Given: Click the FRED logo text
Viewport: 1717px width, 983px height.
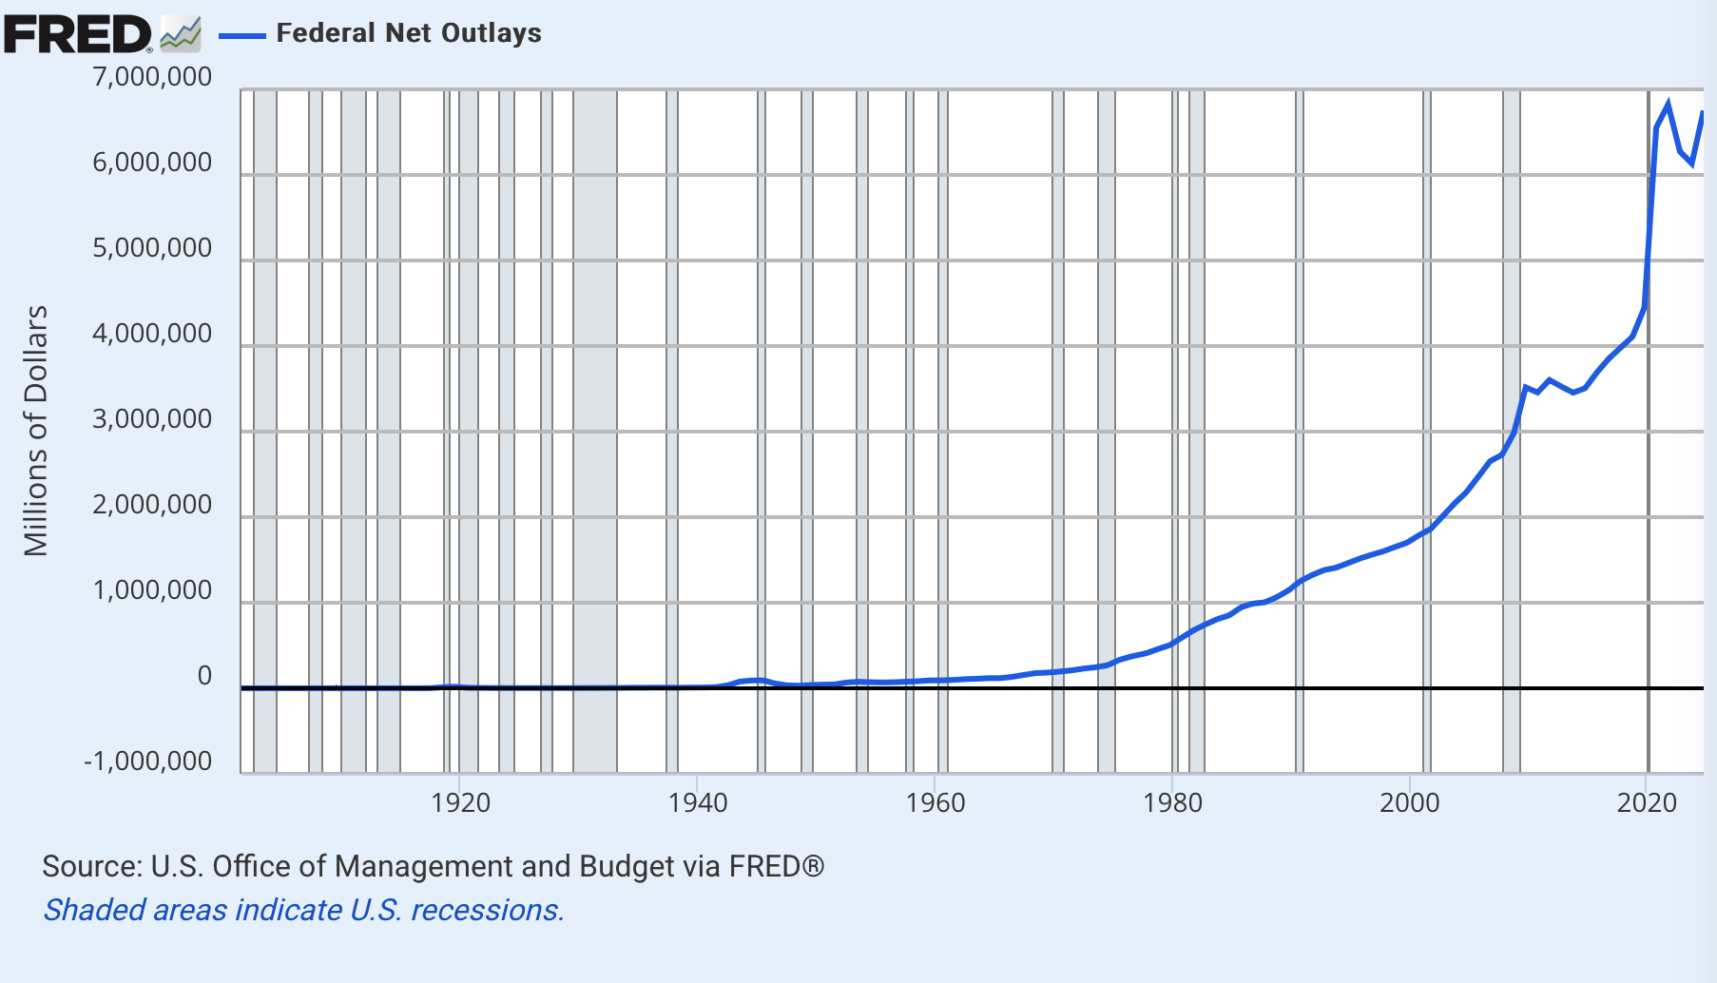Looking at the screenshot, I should (76, 34).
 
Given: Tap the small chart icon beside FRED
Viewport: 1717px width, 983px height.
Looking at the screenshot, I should (181, 34).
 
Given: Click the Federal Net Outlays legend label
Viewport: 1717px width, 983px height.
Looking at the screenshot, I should (409, 33).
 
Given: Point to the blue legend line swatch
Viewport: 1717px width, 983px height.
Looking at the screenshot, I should (241, 35).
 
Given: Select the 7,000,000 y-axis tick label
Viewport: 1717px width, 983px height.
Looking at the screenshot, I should (152, 77).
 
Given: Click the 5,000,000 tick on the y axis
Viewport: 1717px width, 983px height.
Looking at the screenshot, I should (152, 248).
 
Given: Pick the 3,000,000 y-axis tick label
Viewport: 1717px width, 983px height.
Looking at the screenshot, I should (152, 419).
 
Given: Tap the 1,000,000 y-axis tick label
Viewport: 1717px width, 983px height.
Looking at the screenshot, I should (152, 590).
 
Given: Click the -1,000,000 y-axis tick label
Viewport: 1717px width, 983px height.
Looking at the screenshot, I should (148, 761).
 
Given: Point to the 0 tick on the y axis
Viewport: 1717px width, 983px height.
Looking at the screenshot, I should (204, 676).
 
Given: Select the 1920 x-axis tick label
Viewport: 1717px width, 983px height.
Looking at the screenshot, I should (460, 803).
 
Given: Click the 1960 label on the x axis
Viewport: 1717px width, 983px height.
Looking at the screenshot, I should (936, 803).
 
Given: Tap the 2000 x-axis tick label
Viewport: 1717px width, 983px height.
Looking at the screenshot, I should (1410, 803).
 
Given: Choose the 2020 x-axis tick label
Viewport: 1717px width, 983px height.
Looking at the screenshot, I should (1647, 803).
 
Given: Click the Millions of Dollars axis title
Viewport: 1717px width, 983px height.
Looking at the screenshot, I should (36, 431).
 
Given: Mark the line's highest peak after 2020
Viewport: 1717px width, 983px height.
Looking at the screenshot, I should (1669, 103).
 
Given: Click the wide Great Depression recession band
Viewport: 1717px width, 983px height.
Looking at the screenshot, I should (595, 428).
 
